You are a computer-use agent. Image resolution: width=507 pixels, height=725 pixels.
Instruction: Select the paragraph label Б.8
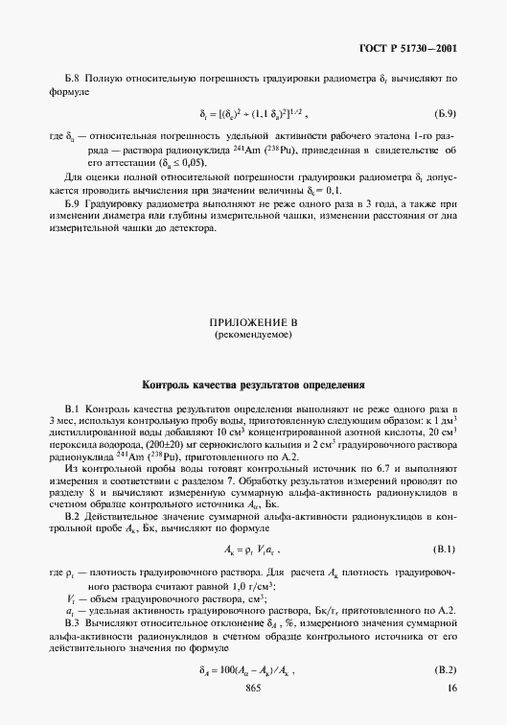74,75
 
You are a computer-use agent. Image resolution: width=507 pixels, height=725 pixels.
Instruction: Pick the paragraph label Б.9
74,206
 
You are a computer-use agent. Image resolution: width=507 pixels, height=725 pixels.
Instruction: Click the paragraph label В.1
74,409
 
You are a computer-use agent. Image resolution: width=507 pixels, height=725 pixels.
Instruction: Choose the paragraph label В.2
75,516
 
